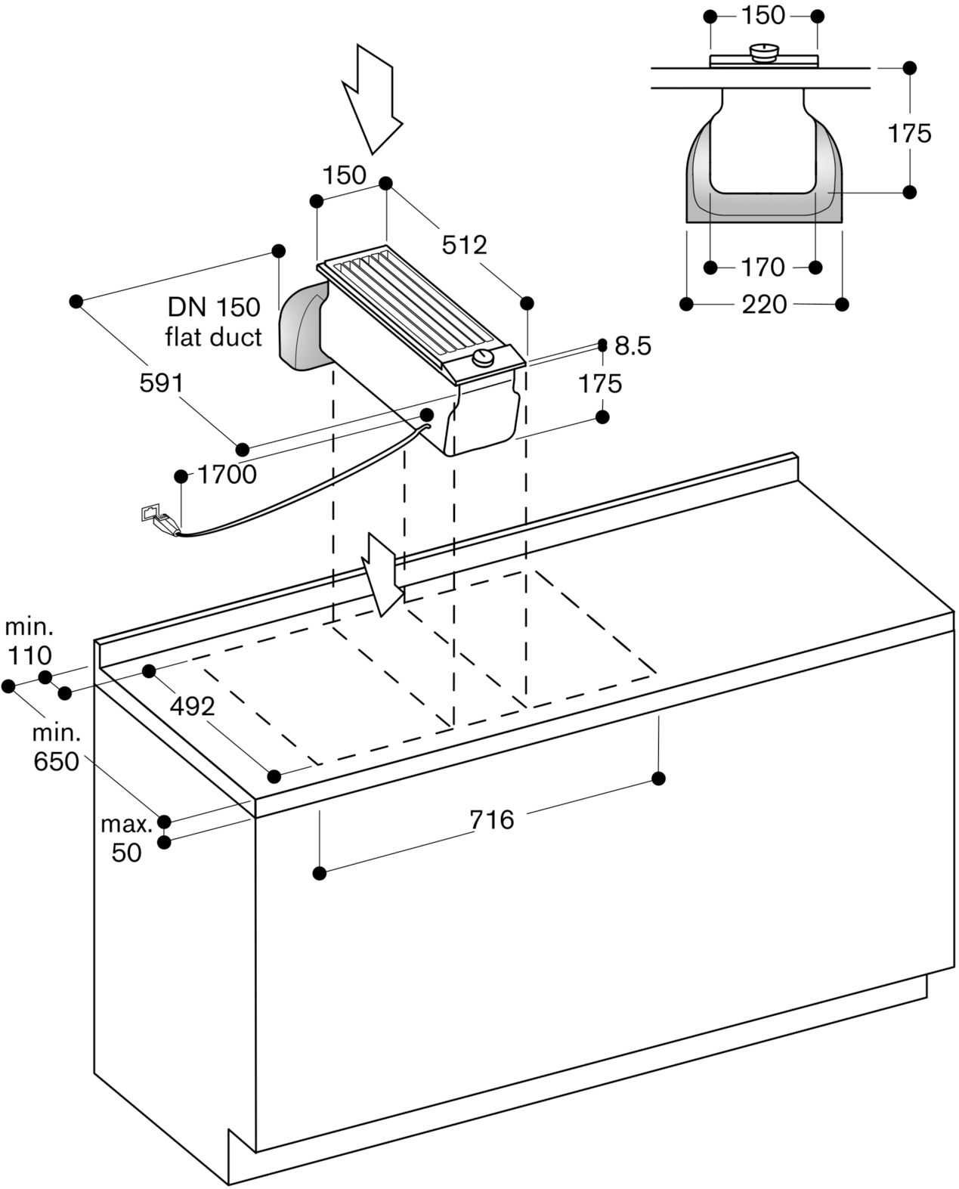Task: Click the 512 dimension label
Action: (x=464, y=245)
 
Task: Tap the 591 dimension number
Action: (x=161, y=382)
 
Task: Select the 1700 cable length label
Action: (x=227, y=474)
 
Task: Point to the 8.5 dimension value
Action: (x=633, y=346)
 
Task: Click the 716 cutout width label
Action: (x=492, y=820)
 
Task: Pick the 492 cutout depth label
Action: (x=192, y=706)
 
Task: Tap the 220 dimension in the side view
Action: (x=764, y=305)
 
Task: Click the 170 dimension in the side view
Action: (x=763, y=268)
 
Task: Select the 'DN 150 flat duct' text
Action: (x=214, y=322)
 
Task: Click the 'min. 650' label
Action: (x=57, y=748)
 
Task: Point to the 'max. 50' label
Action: (x=126, y=839)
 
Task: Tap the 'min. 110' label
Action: (x=29, y=642)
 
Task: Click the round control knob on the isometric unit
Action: (x=484, y=358)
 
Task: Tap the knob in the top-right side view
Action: (x=763, y=53)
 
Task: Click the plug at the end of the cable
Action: (x=166, y=523)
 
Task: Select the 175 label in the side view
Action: (x=908, y=134)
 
